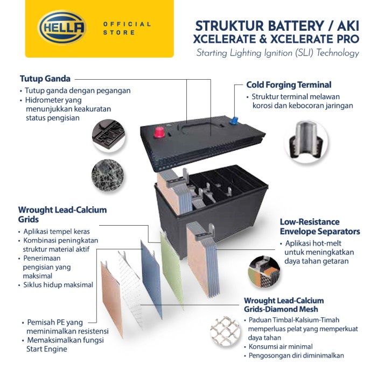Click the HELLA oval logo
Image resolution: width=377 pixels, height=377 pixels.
(62, 27)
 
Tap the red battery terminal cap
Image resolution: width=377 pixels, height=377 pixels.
(159, 132)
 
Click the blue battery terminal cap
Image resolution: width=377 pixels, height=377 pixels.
(233, 121)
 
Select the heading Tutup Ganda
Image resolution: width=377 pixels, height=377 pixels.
(45, 79)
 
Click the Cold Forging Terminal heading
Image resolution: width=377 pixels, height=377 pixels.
(289, 85)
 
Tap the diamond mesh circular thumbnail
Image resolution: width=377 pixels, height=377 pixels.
(225, 332)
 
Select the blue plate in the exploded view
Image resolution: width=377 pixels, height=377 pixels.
(151, 278)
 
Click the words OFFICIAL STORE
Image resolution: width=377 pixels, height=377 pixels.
(127, 28)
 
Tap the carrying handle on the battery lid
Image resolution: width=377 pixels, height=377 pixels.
(200, 126)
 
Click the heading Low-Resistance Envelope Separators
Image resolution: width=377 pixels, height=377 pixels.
(320, 227)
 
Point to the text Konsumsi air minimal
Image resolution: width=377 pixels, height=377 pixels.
(281, 346)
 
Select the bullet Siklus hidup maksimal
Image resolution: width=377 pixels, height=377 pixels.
(58, 285)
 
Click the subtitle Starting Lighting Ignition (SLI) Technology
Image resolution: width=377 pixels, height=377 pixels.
(278, 53)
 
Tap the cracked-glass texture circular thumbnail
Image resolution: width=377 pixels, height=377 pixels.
(108, 176)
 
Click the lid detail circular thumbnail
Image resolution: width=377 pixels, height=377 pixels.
(109, 136)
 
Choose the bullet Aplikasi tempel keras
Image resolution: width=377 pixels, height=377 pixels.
(57, 231)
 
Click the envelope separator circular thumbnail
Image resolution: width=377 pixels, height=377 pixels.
(264, 273)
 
